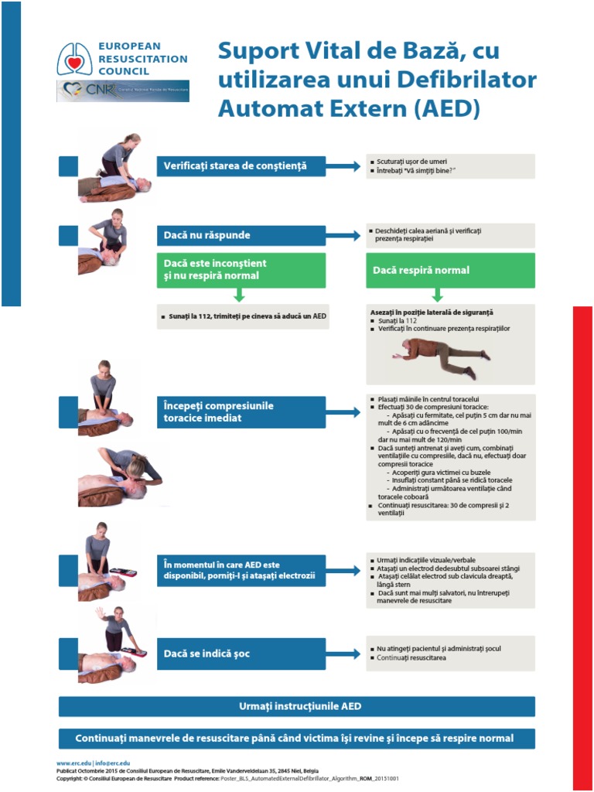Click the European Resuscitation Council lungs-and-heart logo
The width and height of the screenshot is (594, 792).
pyautogui.click(x=76, y=58)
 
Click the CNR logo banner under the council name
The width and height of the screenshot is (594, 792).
pyautogui.click(x=122, y=90)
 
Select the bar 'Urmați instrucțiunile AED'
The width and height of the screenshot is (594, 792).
pyautogui.click(x=297, y=706)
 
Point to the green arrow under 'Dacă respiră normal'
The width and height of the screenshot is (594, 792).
pyautogui.click(x=437, y=295)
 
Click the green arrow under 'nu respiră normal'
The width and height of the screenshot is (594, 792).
pyautogui.click(x=239, y=295)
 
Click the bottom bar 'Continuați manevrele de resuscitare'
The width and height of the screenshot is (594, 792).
pyautogui.click(x=297, y=738)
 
